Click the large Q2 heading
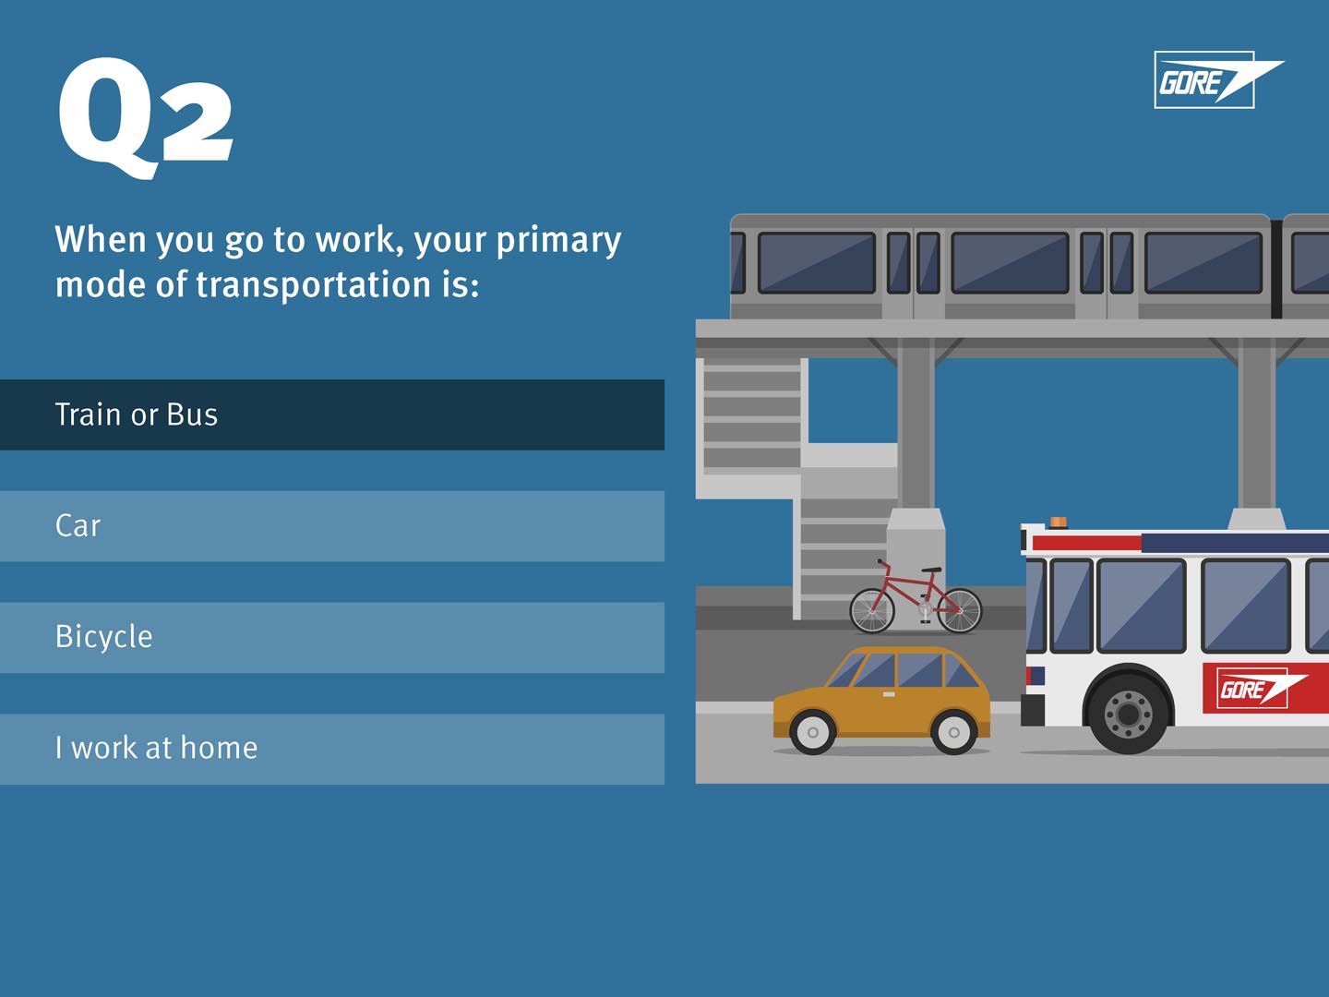[145, 118]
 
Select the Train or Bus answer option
[332, 414]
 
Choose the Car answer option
[332, 526]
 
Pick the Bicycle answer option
[332, 637]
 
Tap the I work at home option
[332, 750]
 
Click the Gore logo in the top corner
[1218, 80]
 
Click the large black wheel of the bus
[1128, 714]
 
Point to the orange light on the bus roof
[1059, 522]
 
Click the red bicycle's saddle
[932, 570]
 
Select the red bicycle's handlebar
[882, 564]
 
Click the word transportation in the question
[313, 284]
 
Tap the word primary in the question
[559, 240]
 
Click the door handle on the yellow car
[889, 694]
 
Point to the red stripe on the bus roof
[1087, 543]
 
